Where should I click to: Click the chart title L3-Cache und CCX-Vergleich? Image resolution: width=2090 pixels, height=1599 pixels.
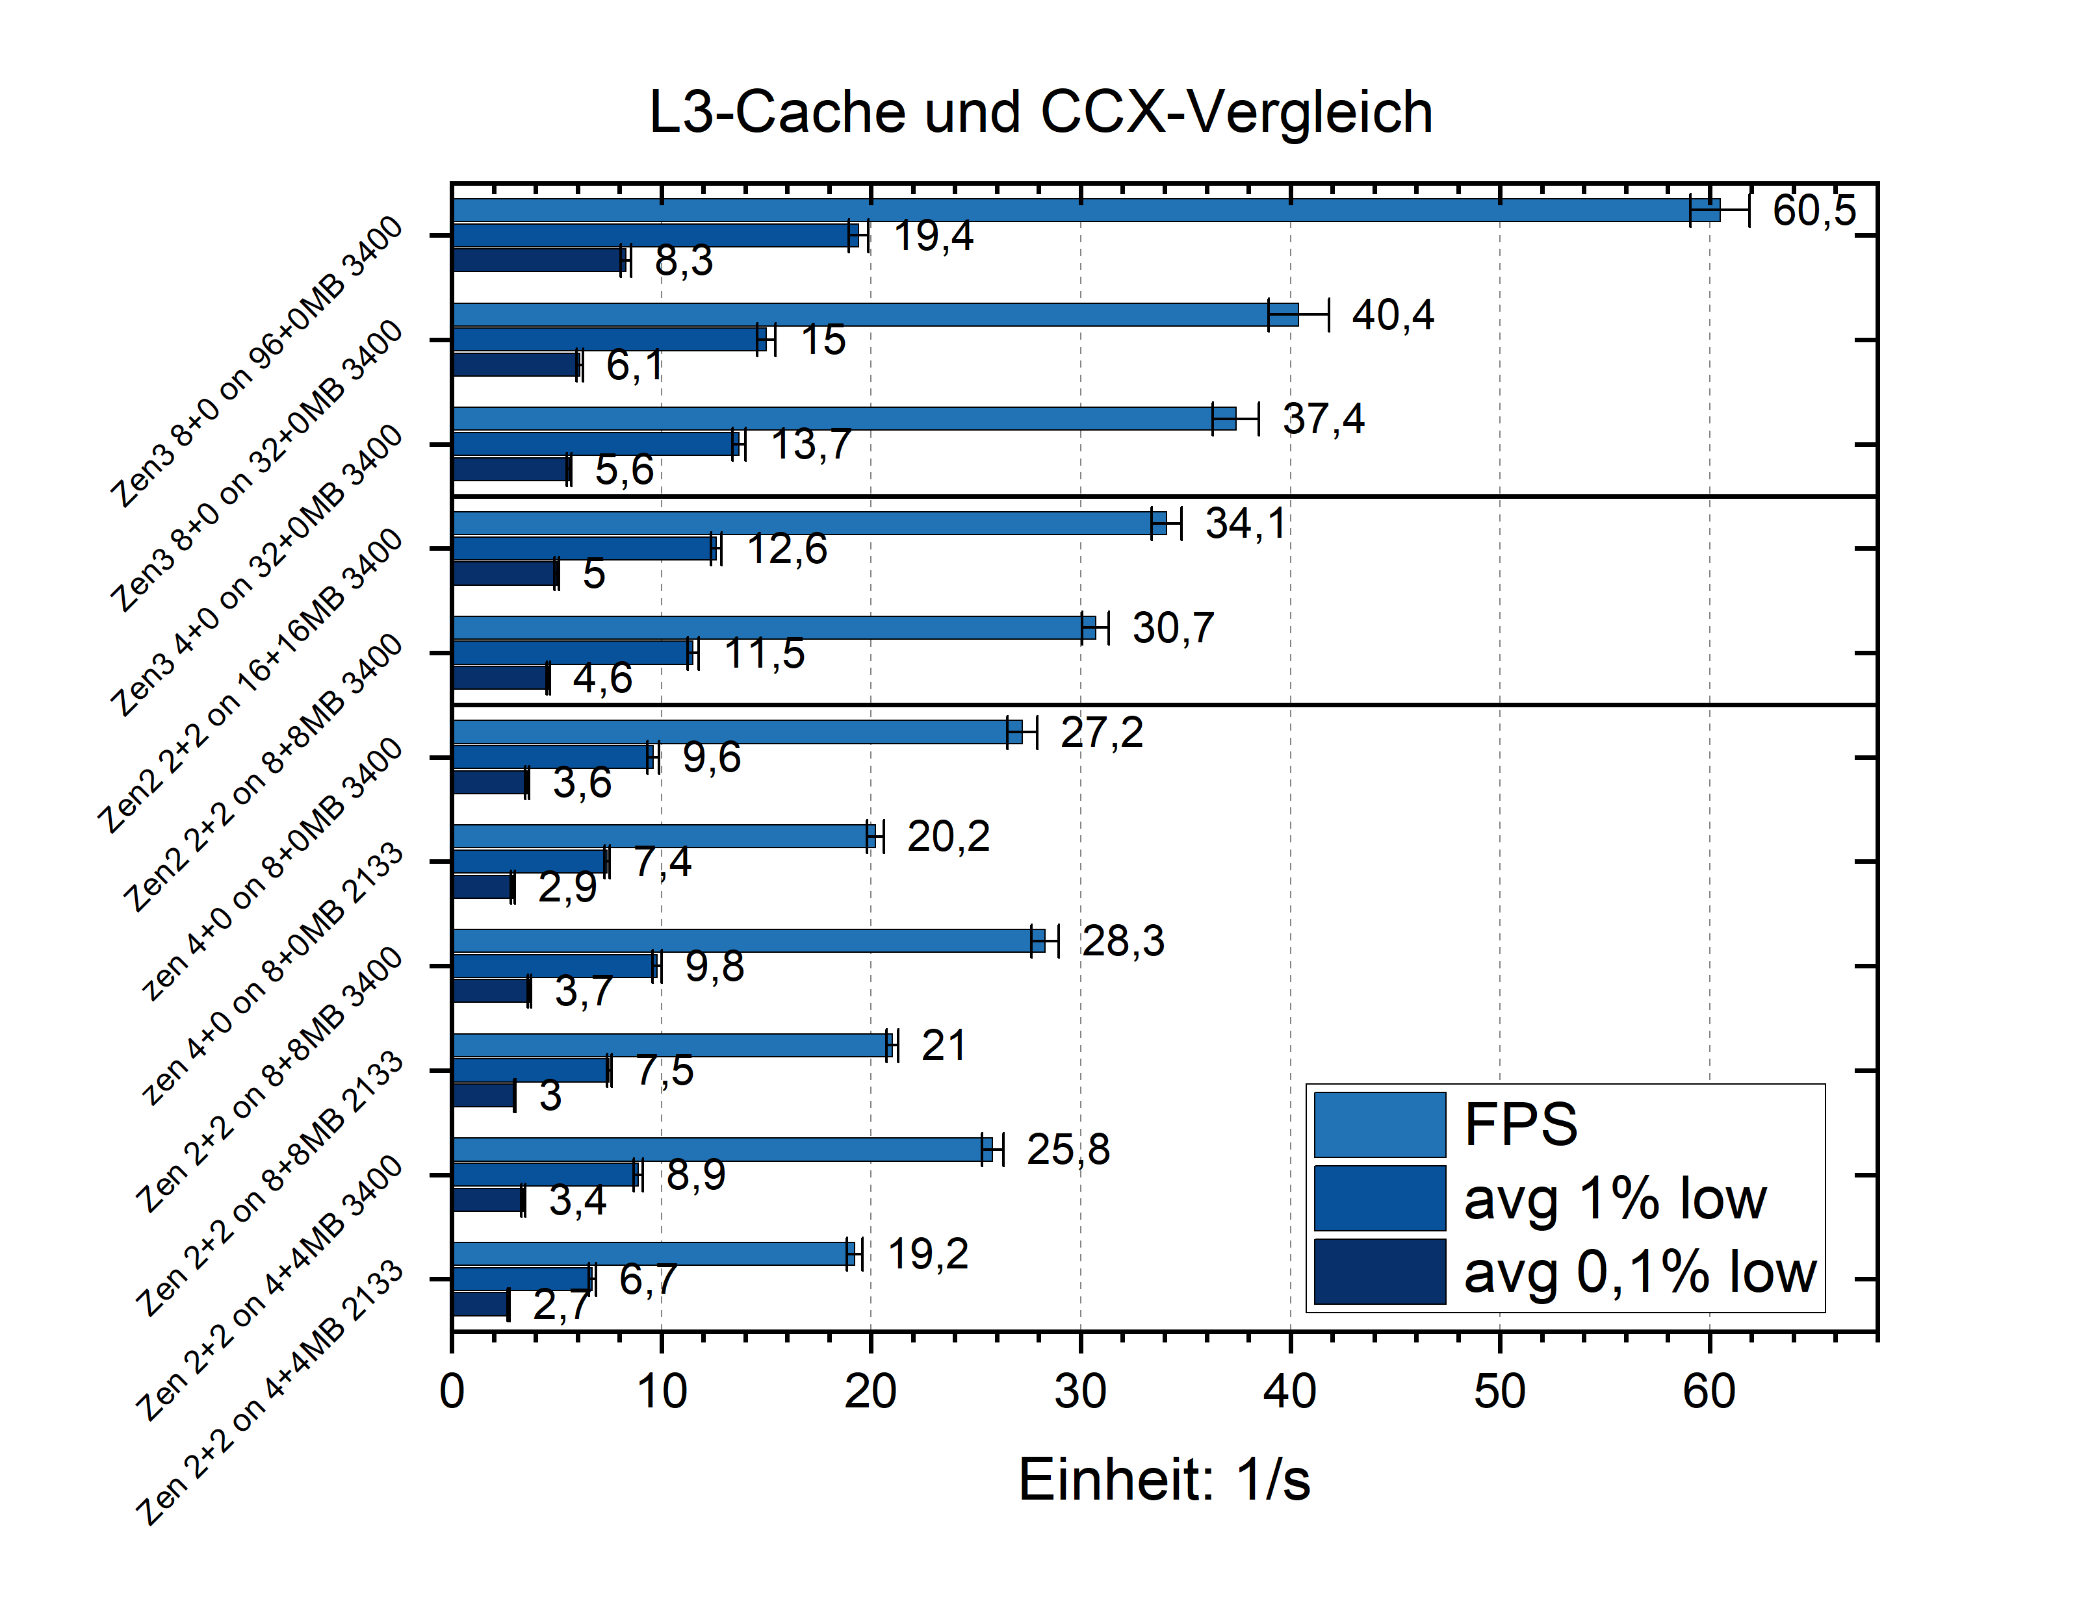1040,112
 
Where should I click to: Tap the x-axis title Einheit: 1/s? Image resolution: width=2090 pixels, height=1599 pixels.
1163,1480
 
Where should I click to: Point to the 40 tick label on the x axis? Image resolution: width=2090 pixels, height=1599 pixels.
1289,1392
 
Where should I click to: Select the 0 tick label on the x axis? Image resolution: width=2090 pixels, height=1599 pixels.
452,1392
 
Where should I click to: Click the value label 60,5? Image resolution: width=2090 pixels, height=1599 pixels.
1813,210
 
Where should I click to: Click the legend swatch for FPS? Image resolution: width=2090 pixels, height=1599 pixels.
1379,1124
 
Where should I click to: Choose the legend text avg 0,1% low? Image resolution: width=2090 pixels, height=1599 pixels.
1640,1272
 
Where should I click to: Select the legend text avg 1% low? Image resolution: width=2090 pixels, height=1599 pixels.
1615,1198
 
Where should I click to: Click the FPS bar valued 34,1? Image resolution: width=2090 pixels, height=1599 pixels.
809,523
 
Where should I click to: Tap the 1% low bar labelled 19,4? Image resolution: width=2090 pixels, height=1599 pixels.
657,235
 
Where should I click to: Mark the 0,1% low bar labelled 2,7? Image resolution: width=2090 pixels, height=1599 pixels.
481,1304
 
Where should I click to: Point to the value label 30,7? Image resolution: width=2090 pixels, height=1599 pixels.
1172,628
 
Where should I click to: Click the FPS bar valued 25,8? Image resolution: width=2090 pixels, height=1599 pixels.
724,1150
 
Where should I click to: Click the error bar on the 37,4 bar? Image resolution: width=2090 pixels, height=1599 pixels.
1235,419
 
